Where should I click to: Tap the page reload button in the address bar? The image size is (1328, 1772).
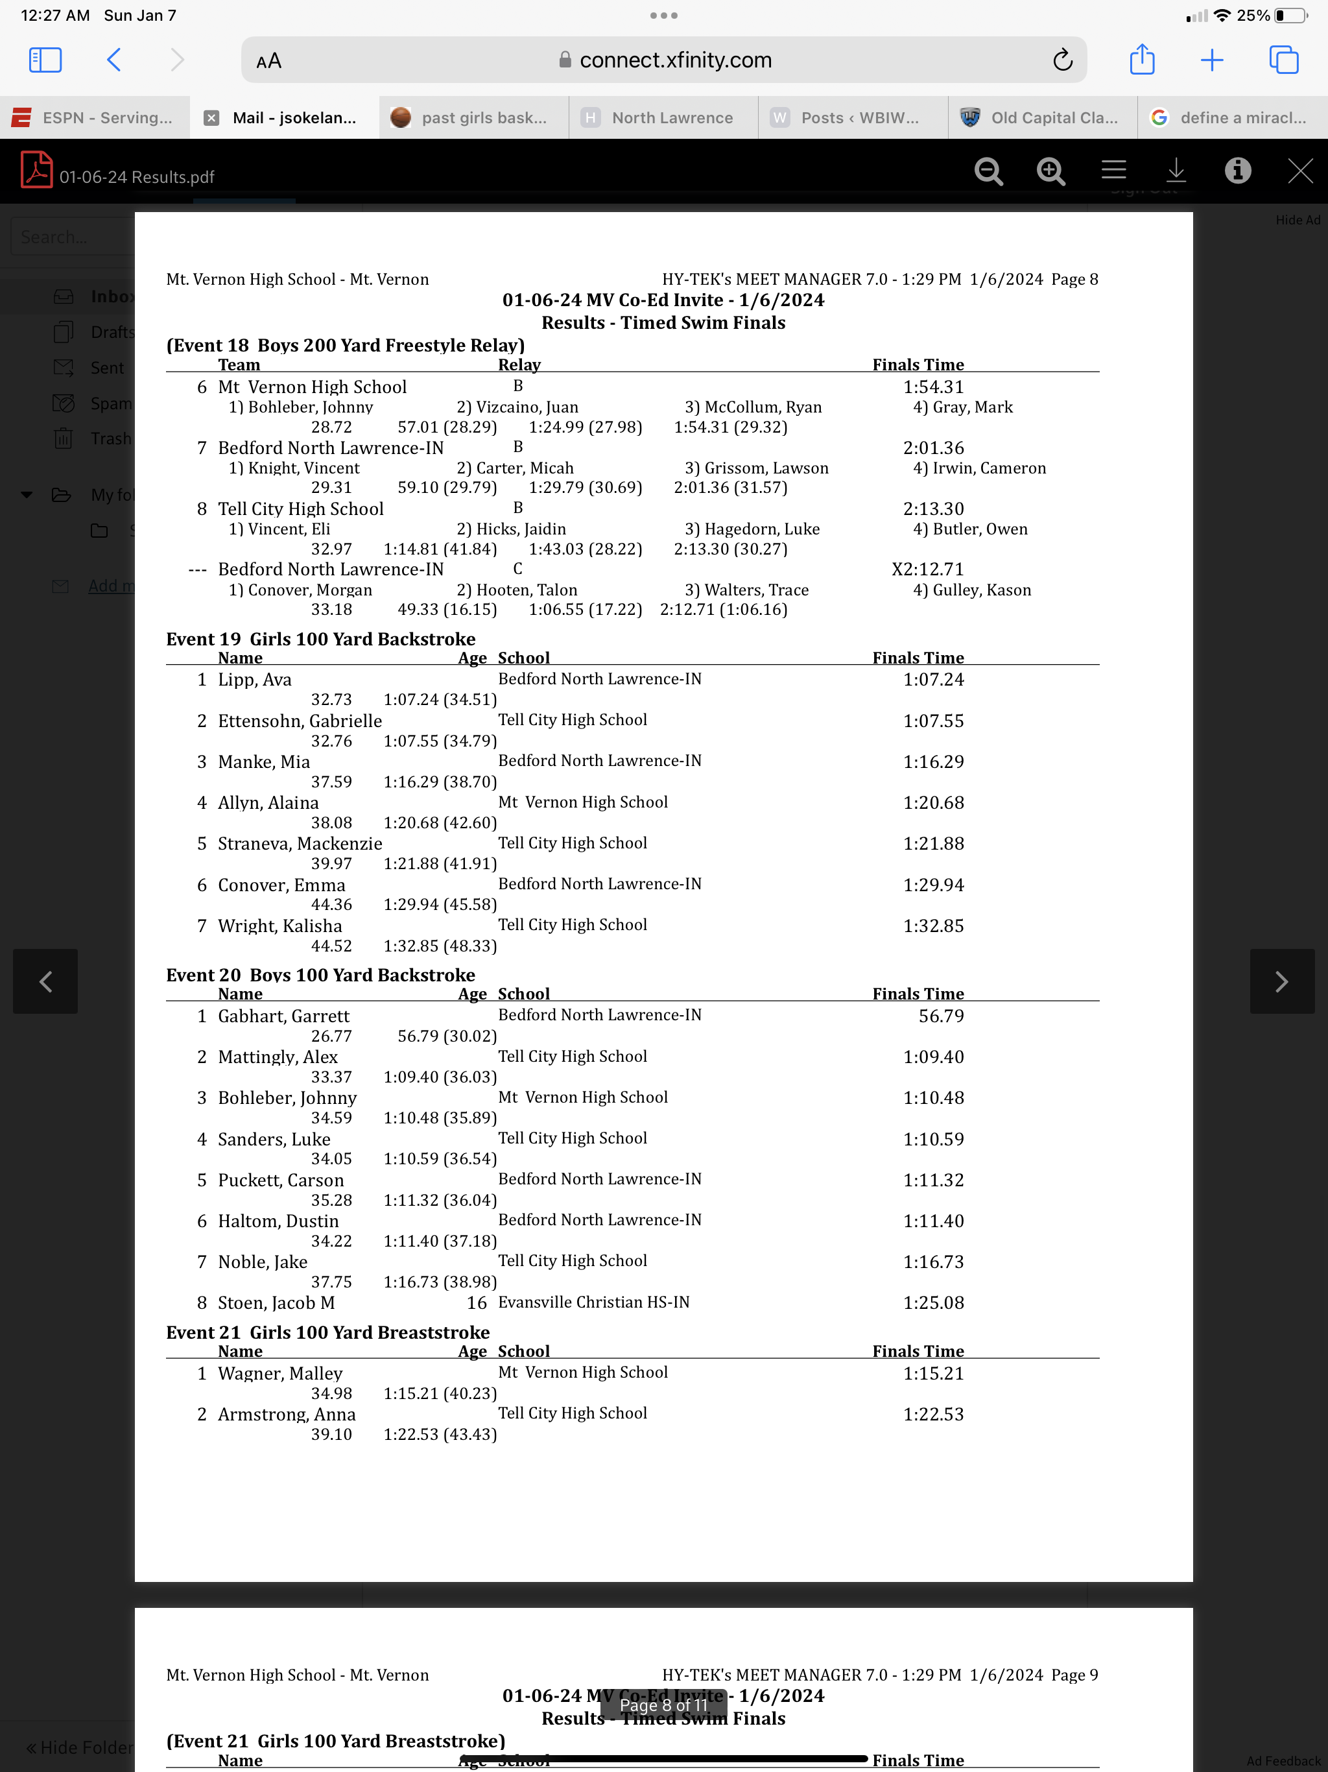1062,60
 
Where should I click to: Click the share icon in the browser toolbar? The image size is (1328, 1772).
1141,60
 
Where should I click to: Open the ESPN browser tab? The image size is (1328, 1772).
95,118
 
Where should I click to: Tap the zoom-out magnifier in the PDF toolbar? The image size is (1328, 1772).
988,171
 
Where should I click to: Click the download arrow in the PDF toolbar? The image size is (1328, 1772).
1176,171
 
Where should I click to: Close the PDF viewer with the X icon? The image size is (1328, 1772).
1299,171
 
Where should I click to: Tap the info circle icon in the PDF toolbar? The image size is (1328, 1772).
1237,171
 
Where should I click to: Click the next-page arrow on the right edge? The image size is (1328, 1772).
1281,981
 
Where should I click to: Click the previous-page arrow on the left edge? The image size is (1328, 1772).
45,981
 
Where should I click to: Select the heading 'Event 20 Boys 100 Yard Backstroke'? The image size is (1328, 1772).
320,975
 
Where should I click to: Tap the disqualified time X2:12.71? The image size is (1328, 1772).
927,569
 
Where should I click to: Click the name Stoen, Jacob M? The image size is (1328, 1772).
276,1303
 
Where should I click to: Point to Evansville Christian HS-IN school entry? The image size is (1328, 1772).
593,1302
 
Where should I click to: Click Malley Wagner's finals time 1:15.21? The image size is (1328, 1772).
933,1374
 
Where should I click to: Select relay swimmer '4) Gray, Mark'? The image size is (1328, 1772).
963,407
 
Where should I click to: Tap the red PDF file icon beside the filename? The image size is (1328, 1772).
36,170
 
